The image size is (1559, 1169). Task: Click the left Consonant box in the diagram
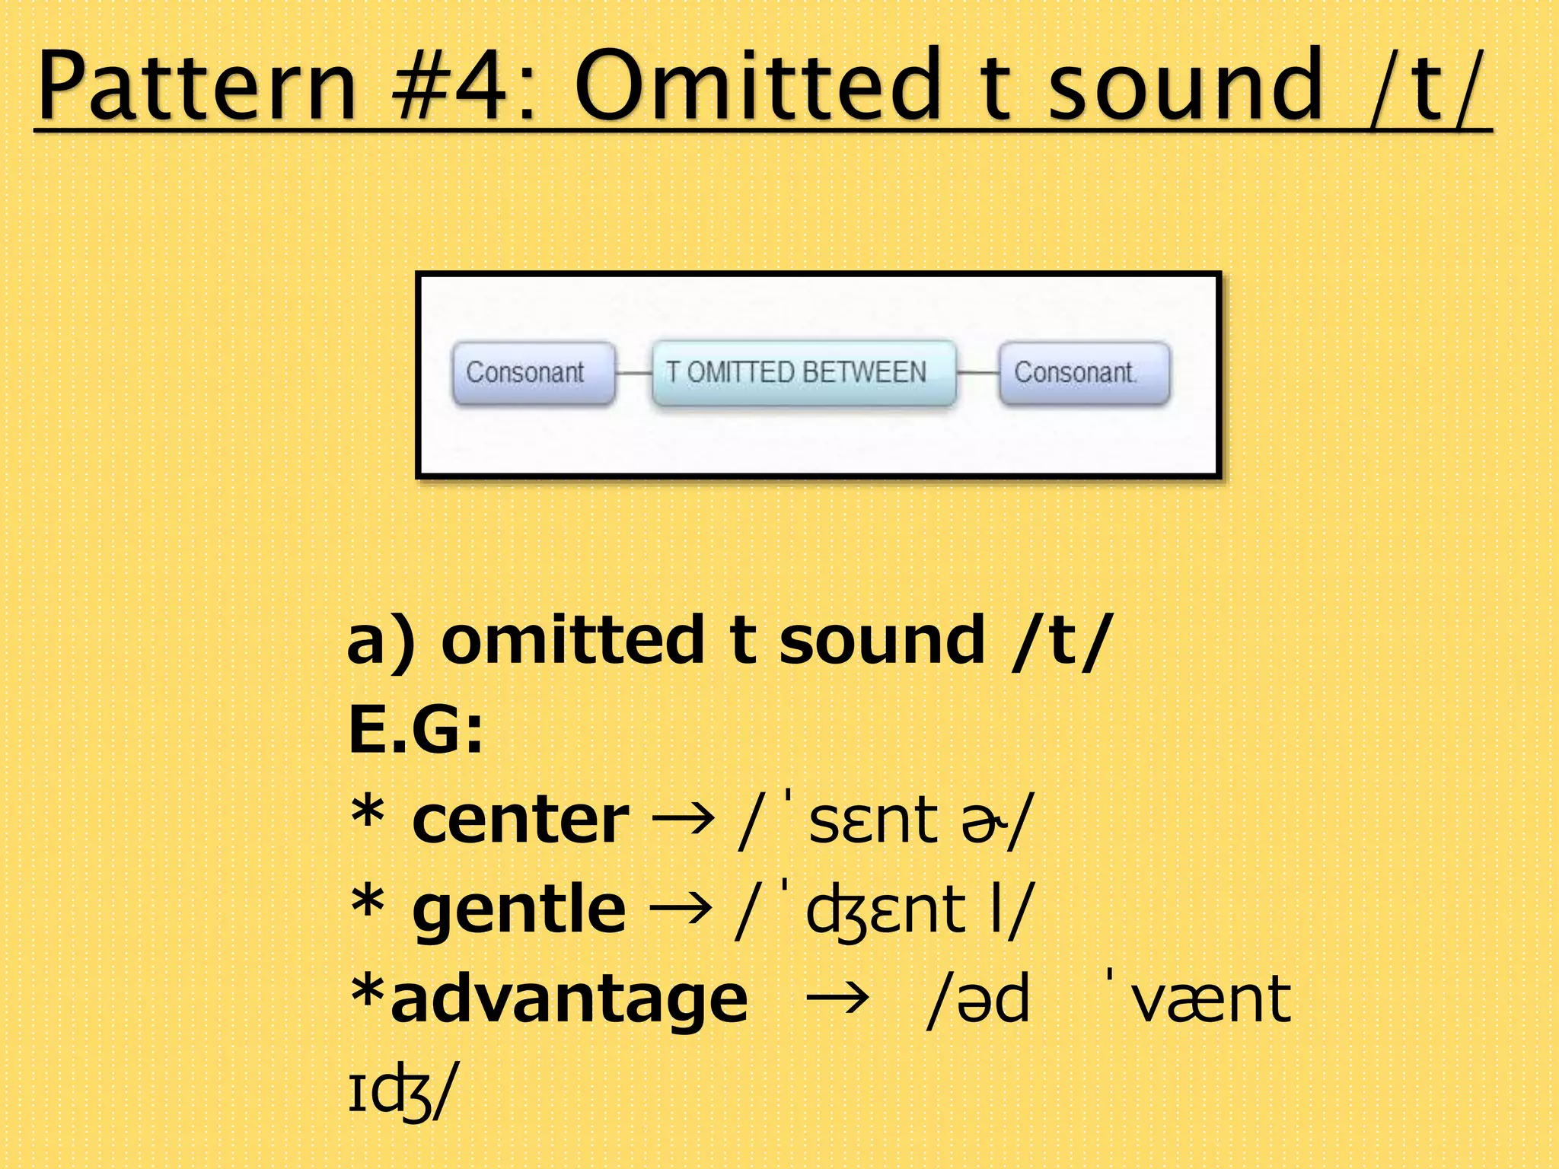533,373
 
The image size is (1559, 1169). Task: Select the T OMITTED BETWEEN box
804,373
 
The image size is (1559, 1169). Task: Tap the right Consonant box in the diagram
1084,373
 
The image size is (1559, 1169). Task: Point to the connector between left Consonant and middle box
633,373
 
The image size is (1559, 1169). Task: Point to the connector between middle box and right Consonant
977,373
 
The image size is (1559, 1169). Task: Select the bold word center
521,820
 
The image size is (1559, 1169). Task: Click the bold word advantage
569,999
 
